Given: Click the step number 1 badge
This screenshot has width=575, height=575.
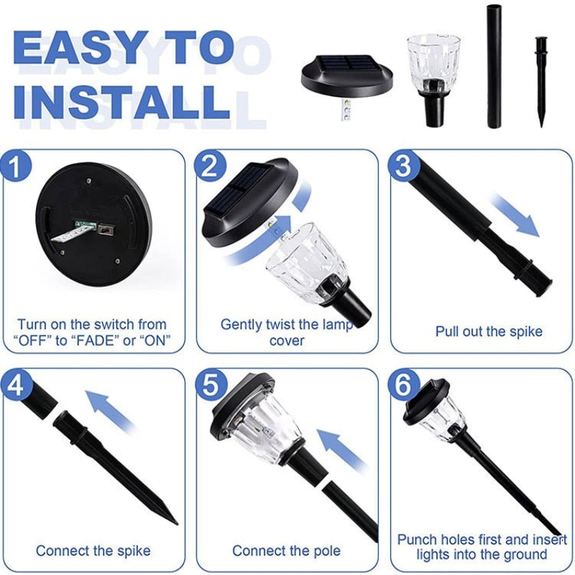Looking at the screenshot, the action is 15,166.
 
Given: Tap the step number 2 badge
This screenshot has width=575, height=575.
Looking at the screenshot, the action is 211,166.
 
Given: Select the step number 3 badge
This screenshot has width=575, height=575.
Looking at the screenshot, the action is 404,166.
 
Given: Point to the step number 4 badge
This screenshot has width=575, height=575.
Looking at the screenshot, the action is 15,385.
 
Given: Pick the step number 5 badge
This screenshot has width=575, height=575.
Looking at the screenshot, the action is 211,385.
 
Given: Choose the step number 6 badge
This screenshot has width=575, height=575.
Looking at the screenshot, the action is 404,385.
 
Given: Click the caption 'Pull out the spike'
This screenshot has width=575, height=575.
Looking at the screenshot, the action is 489,331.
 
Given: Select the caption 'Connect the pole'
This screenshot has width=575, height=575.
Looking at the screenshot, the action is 286,551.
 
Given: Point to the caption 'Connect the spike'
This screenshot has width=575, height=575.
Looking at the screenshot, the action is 93,551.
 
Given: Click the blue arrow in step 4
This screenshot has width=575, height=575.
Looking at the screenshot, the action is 110,410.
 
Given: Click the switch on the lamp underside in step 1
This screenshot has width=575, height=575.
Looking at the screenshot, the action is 106,230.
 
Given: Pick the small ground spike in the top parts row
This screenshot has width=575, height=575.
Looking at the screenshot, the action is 540,81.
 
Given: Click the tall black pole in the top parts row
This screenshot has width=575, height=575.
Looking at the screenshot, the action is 495,66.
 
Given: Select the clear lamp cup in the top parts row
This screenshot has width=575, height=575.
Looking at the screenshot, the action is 434,79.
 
